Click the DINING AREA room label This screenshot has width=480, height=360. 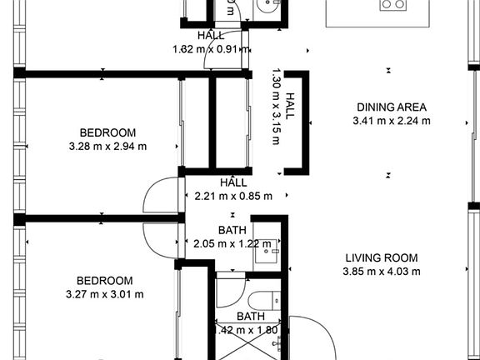click(x=392, y=107)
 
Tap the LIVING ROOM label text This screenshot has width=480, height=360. click(x=382, y=257)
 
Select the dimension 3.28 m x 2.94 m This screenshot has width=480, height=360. click(x=107, y=147)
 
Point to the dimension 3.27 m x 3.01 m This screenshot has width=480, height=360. click(x=105, y=294)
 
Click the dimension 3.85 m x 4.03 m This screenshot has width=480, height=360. click(x=382, y=272)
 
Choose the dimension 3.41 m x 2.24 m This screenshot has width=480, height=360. click(x=392, y=121)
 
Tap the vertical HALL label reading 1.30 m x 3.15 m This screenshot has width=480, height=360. click(x=282, y=107)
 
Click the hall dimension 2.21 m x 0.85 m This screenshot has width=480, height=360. click(x=233, y=197)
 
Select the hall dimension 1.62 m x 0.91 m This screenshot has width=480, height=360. click(x=210, y=49)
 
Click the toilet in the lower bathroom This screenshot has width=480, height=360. click(x=259, y=299)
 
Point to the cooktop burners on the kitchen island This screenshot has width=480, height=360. click(x=392, y=5)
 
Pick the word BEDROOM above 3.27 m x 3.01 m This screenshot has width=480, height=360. click(x=105, y=280)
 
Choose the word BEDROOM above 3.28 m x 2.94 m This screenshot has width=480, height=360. click(x=107, y=132)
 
